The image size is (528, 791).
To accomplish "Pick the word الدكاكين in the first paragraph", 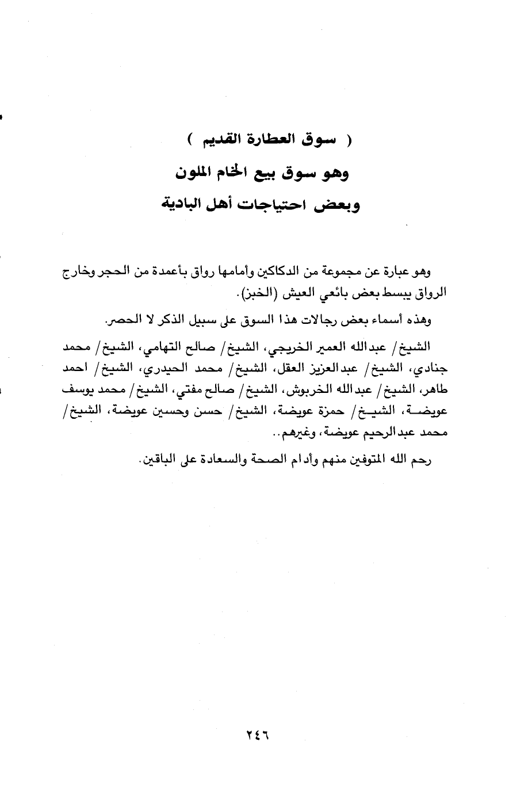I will (286, 272).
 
